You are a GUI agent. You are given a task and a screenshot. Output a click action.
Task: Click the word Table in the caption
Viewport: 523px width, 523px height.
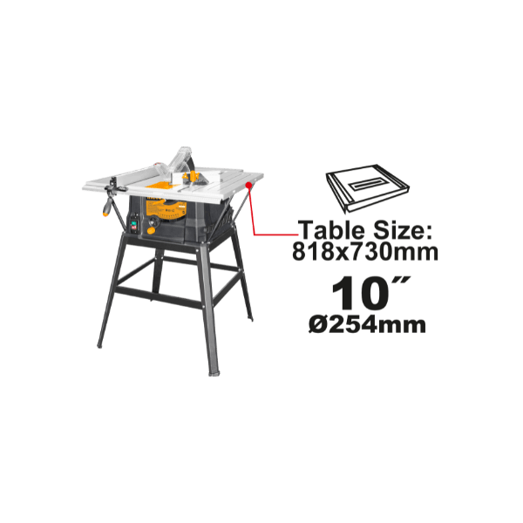tap(331, 230)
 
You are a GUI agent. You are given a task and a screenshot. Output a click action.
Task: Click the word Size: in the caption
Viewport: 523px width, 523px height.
tap(402, 230)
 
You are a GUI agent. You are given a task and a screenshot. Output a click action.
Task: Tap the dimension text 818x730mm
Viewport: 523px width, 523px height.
tap(365, 251)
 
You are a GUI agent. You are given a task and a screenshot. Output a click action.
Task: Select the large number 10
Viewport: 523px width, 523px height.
tap(361, 293)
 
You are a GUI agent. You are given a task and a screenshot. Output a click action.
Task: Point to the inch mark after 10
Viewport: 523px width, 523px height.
tap(404, 280)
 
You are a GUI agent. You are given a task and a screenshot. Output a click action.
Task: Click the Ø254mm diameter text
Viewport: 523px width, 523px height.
tap(367, 324)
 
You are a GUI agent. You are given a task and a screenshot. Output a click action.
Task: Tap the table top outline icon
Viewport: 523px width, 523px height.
tap(367, 188)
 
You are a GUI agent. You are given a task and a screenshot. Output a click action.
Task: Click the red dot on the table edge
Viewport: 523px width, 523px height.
tap(248, 185)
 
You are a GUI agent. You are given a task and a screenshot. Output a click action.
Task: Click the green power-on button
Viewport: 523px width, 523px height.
tap(134, 221)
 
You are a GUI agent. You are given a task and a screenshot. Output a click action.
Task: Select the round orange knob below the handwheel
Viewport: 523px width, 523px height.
tap(151, 231)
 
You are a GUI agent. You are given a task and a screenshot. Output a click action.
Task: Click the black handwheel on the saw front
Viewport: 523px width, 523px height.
tap(153, 221)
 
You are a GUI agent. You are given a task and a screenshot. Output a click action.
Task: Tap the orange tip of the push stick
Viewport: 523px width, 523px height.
tap(105, 213)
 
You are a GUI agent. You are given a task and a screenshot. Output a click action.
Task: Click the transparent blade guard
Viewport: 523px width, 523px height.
tap(180, 160)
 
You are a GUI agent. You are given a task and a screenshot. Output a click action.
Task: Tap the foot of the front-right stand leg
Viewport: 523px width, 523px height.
tap(214, 373)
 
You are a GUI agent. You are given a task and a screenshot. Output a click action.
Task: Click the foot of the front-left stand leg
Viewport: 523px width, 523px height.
tap(99, 345)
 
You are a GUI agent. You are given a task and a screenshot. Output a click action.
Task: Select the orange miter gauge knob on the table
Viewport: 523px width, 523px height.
tap(193, 176)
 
